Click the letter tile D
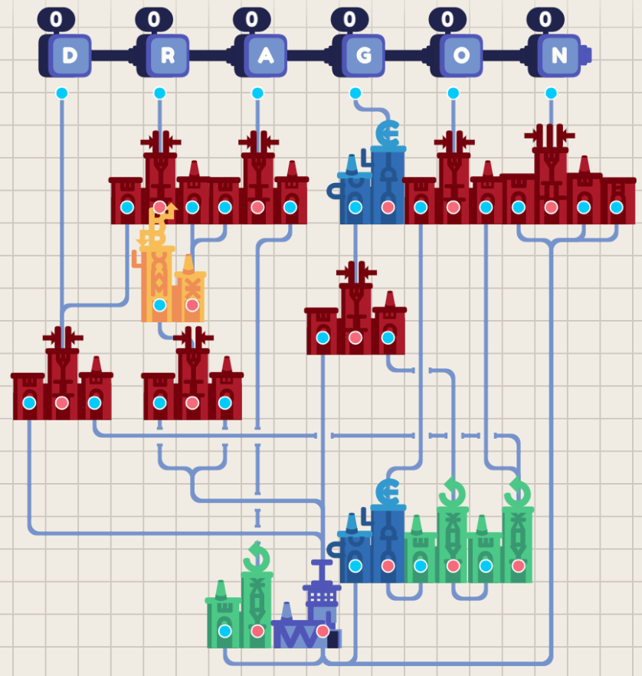70,55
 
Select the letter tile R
168,55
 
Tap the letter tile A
265,55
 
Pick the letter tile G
363,55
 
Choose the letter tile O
461,55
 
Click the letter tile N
559,55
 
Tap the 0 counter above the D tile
56,18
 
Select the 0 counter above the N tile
545,18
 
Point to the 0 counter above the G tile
349,18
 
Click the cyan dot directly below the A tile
257,93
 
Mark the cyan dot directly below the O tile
454,93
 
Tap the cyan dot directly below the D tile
62,93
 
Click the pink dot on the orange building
192,305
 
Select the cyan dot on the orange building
159,305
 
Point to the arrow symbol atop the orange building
161,222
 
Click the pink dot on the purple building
323,631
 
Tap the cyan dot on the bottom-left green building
224,631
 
